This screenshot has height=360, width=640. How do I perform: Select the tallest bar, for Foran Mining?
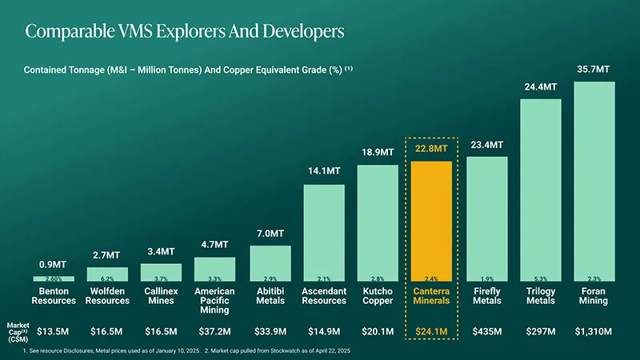pyautogui.click(x=594, y=180)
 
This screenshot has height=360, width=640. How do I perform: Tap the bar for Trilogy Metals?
pyautogui.click(x=541, y=188)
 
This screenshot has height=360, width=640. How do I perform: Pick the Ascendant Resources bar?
pyautogui.click(x=324, y=232)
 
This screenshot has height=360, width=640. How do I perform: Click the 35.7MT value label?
pyautogui.click(x=594, y=71)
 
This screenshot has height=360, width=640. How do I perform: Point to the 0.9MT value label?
pyautogui.click(x=53, y=265)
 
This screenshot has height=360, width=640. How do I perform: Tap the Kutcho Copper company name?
pyautogui.click(x=378, y=296)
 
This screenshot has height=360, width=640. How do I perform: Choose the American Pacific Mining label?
pyautogui.click(x=215, y=301)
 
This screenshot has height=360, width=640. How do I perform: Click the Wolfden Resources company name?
pyautogui.click(x=107, y=296)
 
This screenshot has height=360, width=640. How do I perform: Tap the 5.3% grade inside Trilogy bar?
pyautogui.click(x=540, y=279)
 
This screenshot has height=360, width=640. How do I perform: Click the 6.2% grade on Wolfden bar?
pyautogui.click(x=107, y=279)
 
